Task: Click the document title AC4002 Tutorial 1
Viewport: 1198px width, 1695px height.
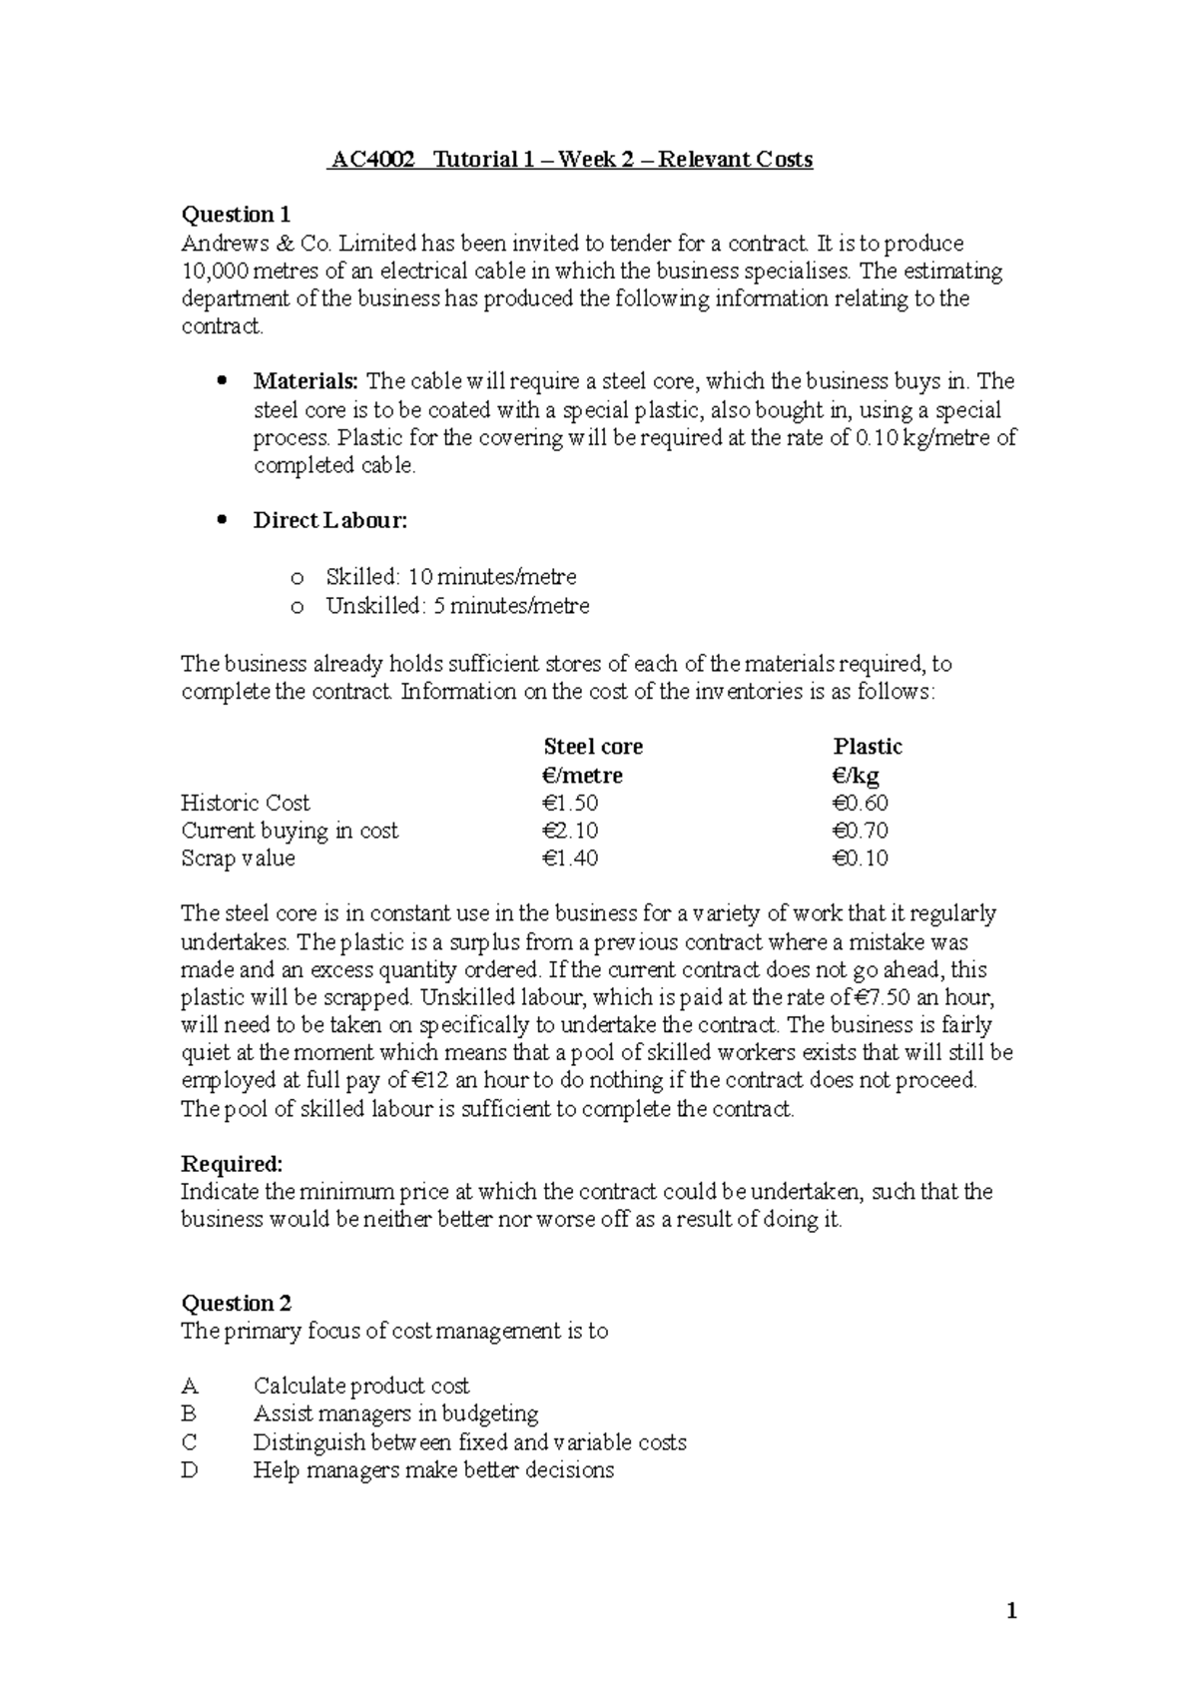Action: pyautogui.click(x=570, y=160)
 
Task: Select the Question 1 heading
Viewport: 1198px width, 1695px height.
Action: pyautogui.click(x=236, y=215)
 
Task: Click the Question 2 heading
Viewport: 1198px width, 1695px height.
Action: pyautogui.click(x=236, y=1304)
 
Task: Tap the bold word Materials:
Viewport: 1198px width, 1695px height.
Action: pyautogui.click(x=305, y=381)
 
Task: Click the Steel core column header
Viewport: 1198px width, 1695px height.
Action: pyautogui.click(x=593, y=747)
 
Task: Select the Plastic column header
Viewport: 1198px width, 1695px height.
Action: pyautogui.click(x=868, y=747)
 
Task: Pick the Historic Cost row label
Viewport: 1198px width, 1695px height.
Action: pyautogui.click(x=246, y=803)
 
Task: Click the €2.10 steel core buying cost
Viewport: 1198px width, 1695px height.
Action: pyautogui.click(x=571, y=831)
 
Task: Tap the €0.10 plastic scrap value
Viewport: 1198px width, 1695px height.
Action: pyautogui.click(x=860, y=858)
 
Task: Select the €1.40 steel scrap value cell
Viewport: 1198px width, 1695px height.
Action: pyautogui.click(x=571, y=858)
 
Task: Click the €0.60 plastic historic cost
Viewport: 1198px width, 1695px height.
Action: pyautogui.click(x=860, y=803)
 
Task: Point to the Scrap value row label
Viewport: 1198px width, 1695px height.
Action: pyautogui.click(x=238, y=858)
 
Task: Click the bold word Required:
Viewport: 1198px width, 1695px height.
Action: pyautogui.click(x=232, y=1164)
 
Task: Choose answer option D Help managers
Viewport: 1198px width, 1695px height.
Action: pyautogui.click(x=433, y=1470)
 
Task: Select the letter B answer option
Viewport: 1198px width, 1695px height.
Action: pyautogui.click(x=189, y=1414)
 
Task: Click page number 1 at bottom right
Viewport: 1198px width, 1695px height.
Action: pyautogui.click(x=1011, y=1611)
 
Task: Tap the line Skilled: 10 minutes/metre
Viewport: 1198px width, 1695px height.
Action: pyautogui.click(x=450, y=577)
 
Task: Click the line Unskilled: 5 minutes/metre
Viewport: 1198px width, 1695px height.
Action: pyautogui.click(x=457, y=606)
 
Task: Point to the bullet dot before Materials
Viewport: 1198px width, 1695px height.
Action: pyautogui.click(x=222, y=381)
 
